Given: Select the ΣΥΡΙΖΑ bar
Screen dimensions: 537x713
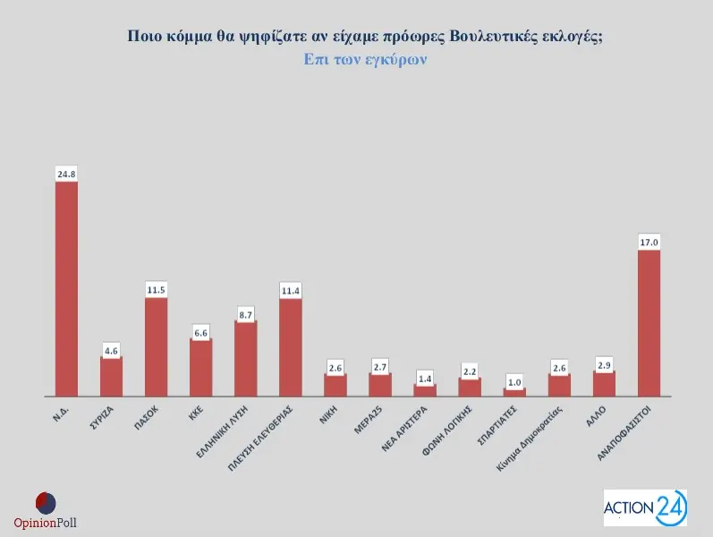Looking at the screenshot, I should click(x=111, y=376).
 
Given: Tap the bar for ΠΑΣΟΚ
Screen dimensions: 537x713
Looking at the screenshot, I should click(x=156, y=346).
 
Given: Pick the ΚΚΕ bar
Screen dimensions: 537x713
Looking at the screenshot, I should click(x=200, y=367).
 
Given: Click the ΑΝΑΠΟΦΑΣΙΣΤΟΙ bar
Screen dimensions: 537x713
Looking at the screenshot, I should click(x=649, y=322).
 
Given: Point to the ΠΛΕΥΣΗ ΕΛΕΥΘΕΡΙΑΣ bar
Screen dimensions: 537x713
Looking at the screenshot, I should click(x=290, y=346).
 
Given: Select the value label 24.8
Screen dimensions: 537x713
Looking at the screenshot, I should click(x=66, y=174).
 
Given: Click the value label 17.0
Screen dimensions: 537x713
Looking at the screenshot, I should click(x=649, y=242).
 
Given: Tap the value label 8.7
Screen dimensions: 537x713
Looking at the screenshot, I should click(x=245, y=312).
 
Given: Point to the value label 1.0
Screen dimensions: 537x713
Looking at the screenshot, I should click(x=514, y=380).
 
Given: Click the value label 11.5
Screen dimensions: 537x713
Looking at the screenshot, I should click(x=156, y=289).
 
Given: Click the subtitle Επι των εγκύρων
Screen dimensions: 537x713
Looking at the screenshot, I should click(x=364, y=60).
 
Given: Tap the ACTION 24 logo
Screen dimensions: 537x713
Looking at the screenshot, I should click(x=645, y=508).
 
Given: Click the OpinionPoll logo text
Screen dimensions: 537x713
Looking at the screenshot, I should click(x=46, y=523).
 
